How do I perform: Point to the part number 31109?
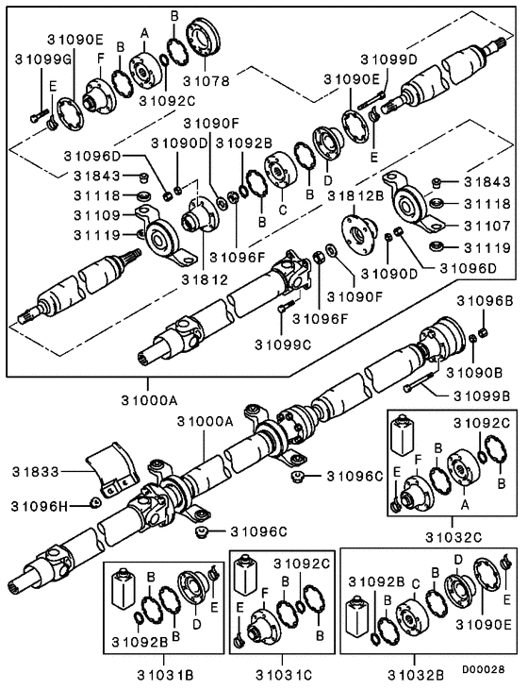(x=99, y=215)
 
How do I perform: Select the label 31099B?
(x=482, y=394)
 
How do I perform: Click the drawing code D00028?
(x=487, y=666)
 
